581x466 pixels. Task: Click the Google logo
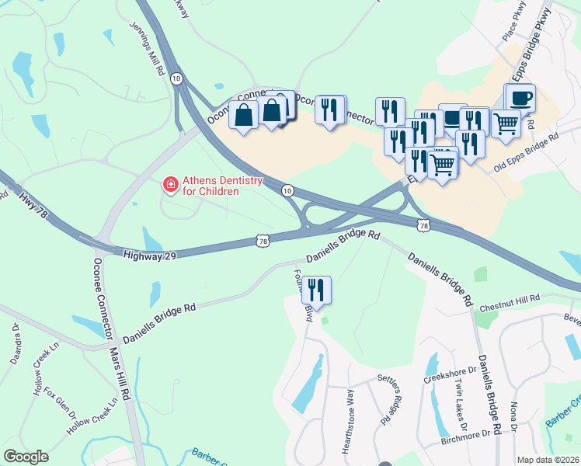click(26, 457)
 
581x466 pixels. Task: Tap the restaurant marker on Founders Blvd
click(316, 290)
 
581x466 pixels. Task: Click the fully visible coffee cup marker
click(520, 99)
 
